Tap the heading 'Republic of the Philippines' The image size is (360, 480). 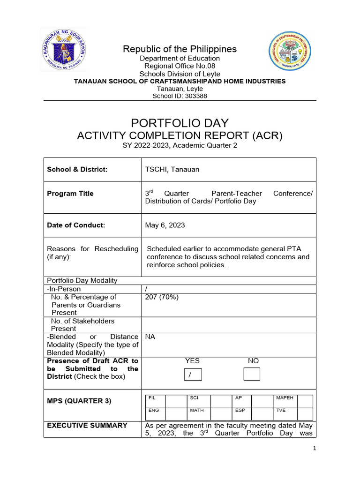tap(180, 49)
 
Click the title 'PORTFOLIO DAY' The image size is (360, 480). tap(180, 123)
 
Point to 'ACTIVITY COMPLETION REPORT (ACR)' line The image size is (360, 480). tap(180, 136)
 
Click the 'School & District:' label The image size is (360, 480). tap(77, 169)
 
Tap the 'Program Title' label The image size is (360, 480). tap(70, 194)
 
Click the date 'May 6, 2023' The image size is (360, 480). tap(165, 225)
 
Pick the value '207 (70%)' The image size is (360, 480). tap(162, 297)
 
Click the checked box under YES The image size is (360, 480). tap(193, 375)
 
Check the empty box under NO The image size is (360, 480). tap(252, 375)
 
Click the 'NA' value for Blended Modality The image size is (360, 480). tap(150, 337)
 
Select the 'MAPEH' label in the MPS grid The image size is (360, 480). tap(285, 398)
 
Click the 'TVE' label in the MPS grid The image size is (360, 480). tap(281, 410)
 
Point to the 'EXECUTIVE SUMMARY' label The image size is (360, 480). tap(87, 426)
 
